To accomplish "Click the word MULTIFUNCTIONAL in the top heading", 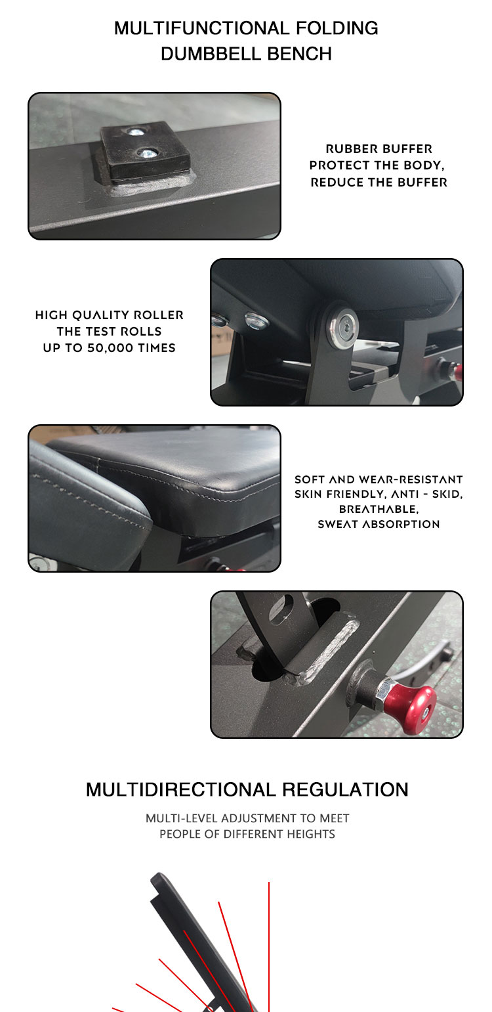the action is [x=201, y=28].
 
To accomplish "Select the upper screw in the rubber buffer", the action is [x=134, y=132].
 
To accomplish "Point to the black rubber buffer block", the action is [x=144, y=151].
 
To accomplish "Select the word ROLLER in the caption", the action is [x=159, y=315].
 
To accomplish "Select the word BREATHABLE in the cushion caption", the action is [x=379, y=509].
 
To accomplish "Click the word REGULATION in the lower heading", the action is [x=345, y=789].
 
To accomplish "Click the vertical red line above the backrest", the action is [x=269, y=946].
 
